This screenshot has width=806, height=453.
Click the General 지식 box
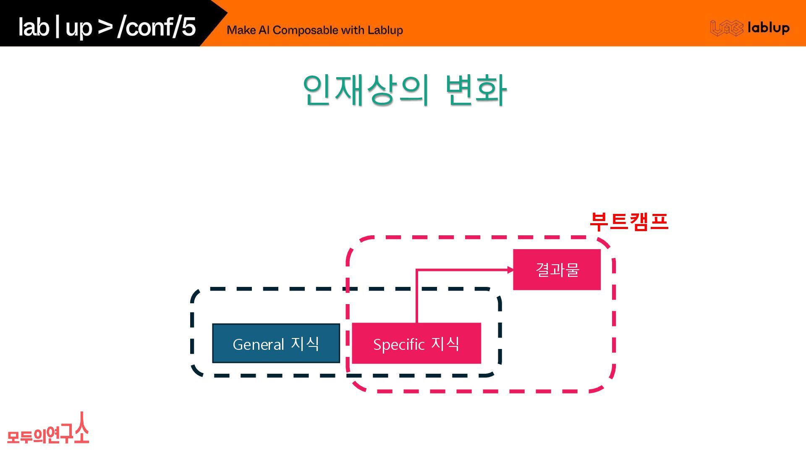click(x=276, y=343)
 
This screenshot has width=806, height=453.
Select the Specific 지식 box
click(x=416, y=343)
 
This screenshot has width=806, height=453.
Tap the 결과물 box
click(x=557, y=269)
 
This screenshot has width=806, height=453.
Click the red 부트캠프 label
click(x=629, y=221)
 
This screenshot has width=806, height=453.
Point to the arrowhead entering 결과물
click(x=510, y=270)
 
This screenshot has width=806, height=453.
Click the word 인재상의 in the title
click(x=366, y=90)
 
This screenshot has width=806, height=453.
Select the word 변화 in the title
click(x=476, y=90)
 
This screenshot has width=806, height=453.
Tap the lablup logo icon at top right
click(x=726, y=28)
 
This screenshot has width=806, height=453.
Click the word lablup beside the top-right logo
click(x=768, y=28)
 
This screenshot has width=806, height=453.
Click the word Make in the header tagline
click(x=241, y=30)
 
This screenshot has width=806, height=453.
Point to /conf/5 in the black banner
click(x=157, y=27)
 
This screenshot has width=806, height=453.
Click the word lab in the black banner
click(x=34, y=27)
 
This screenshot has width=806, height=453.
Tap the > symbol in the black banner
click(x=105, y=27)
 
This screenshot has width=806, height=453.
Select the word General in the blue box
click(x=258, y=344)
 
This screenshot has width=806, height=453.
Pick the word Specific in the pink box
click(x=399, y=344)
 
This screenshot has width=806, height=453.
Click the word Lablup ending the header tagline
click(x=385, y=30)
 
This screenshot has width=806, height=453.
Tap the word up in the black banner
click(x=79, y=28)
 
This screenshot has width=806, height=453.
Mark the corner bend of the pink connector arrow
click(x=416, y=270)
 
